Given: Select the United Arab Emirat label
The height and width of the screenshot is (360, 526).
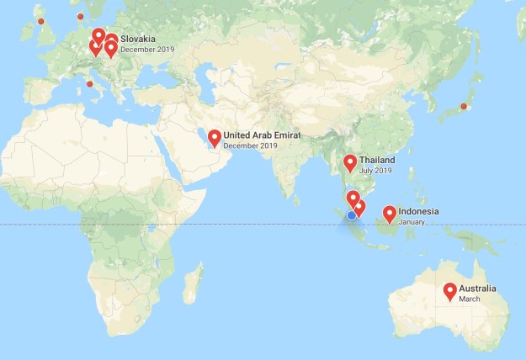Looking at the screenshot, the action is click(x=262, y=135).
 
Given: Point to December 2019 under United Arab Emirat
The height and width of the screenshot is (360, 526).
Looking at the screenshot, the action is click(x=250, y=146).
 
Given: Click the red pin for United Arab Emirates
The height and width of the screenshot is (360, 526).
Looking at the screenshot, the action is click(x=214, y=137).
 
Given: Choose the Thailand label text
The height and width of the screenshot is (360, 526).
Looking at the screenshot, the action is click(x=376, y=160).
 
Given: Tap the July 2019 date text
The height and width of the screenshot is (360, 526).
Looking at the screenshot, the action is click(x=375, y=171).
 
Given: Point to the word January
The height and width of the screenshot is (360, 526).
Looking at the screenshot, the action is click(x=412, y=223).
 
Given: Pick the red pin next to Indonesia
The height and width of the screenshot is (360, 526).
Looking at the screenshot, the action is click(x=390, y=214).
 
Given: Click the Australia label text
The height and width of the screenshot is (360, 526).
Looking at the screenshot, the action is click(x=477, y=289).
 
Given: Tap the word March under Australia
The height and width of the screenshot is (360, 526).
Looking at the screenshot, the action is click(x=469, y=299).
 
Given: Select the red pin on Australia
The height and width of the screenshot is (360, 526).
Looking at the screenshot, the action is click(x=449, y=291).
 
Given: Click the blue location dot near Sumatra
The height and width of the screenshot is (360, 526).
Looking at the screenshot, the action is click(x=351, y=215).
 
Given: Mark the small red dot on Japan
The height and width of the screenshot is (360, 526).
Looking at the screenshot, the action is click(x=463, y=106).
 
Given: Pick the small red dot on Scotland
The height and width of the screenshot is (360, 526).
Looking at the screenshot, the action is click(x=40, y=20).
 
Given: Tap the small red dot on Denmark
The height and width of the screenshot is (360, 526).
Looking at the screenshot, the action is click(x=80, y=16).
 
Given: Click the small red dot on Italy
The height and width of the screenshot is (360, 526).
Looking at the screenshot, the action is click(x=89, y=83).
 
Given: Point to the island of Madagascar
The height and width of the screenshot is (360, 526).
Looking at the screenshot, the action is click(x=193, y=282).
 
